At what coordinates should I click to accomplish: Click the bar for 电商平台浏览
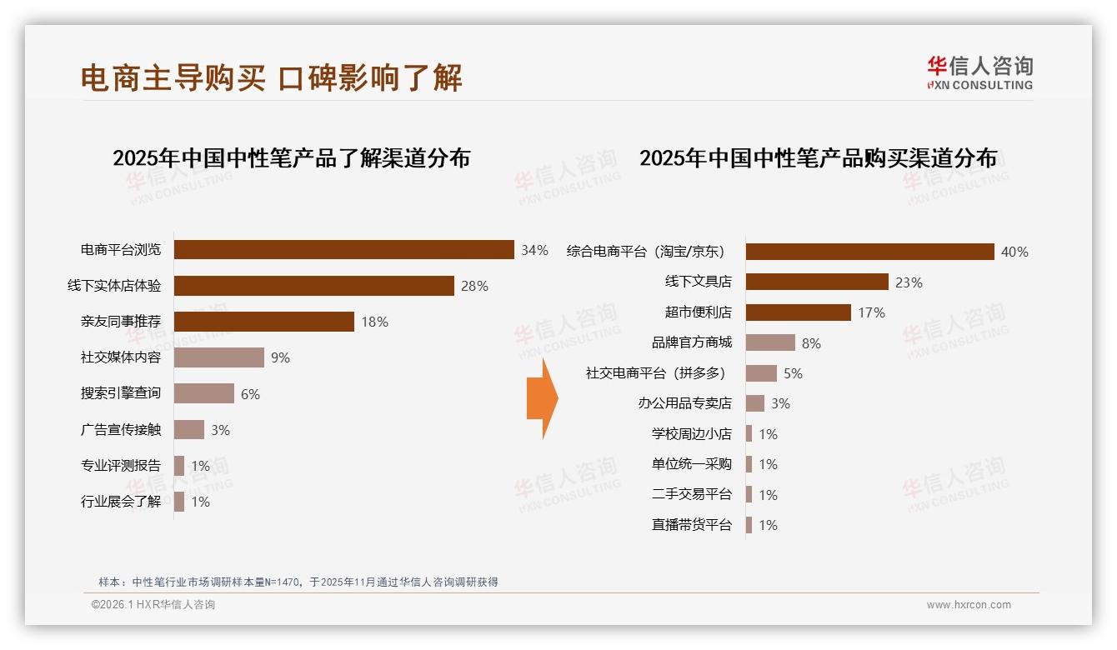click(x=343, y=250)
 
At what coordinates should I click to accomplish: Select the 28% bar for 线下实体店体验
click(x=313, y=286)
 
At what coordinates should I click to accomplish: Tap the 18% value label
click(x=374, y=322)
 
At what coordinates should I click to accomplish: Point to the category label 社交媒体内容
click(x=121, y=357)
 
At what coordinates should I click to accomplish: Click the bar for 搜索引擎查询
click(x=204, y=393)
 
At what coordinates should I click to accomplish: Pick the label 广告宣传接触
click(x=121, y=430)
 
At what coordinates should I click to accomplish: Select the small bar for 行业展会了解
click(x=179, y=502)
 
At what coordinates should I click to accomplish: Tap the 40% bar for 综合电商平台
click(x=869, y=252)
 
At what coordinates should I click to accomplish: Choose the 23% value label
click(x=909, y=282)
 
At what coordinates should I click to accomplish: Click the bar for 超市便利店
click(x=798, y=312)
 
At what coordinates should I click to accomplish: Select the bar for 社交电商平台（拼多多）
click(x=761, y=373)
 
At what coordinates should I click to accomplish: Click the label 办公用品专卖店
click(x=684, y=403)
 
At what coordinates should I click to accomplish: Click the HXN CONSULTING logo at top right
click(x=979, y=72)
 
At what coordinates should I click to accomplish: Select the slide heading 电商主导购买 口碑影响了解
click(x=271, y=78)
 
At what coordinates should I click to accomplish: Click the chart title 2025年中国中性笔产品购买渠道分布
click(x=818, y=158)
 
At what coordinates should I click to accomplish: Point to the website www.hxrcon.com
click(x=969, y=605)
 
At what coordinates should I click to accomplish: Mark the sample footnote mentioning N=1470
click(x=298, y=582)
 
